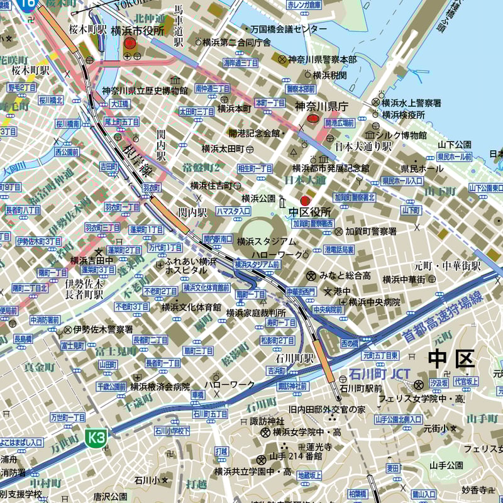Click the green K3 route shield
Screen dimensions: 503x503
click(95, 438)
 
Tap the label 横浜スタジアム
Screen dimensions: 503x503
click(267, 241)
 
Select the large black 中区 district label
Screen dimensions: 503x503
click(451, 359)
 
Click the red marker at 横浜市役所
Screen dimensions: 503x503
click(130, 43)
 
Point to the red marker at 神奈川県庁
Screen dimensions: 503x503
click(313, 119)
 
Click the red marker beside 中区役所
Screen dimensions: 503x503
click(306, 201)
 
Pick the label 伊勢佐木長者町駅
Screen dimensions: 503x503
click(85, 289)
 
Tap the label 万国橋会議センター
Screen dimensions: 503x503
click(289, 30)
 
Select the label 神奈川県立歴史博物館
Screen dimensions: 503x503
click(145, 91)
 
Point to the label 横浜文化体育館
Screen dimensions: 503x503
click(191, 307)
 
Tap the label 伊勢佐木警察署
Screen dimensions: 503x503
click(102, 329)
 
